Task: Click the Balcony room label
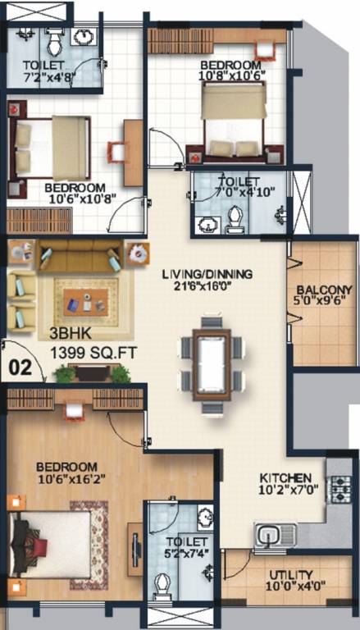coord(325,290)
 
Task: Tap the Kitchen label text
coord(285,478)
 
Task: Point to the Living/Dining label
coord(217,274)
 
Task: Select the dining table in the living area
coord(212,362)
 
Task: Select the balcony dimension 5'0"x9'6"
coord(325,303)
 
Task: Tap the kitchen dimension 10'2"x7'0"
coord(285,491)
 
